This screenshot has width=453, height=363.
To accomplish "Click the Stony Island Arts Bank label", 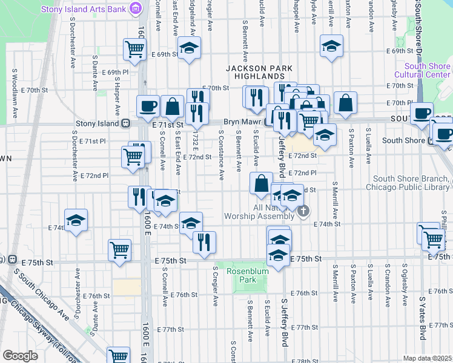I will point(84,9).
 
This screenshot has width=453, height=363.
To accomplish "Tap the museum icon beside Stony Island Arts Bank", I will point(136,9).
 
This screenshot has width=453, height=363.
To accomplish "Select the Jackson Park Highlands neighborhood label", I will point(255,73).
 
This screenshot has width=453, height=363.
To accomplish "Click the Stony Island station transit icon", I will point(125,123).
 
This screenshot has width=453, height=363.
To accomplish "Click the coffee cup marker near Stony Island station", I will point(148,107).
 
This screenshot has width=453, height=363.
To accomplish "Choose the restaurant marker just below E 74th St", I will point(204,241).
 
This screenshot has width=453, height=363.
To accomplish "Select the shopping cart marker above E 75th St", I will point(119,249).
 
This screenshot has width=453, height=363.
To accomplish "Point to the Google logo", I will point(20,356).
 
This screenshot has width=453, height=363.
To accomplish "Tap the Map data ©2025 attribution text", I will point(428,358).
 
